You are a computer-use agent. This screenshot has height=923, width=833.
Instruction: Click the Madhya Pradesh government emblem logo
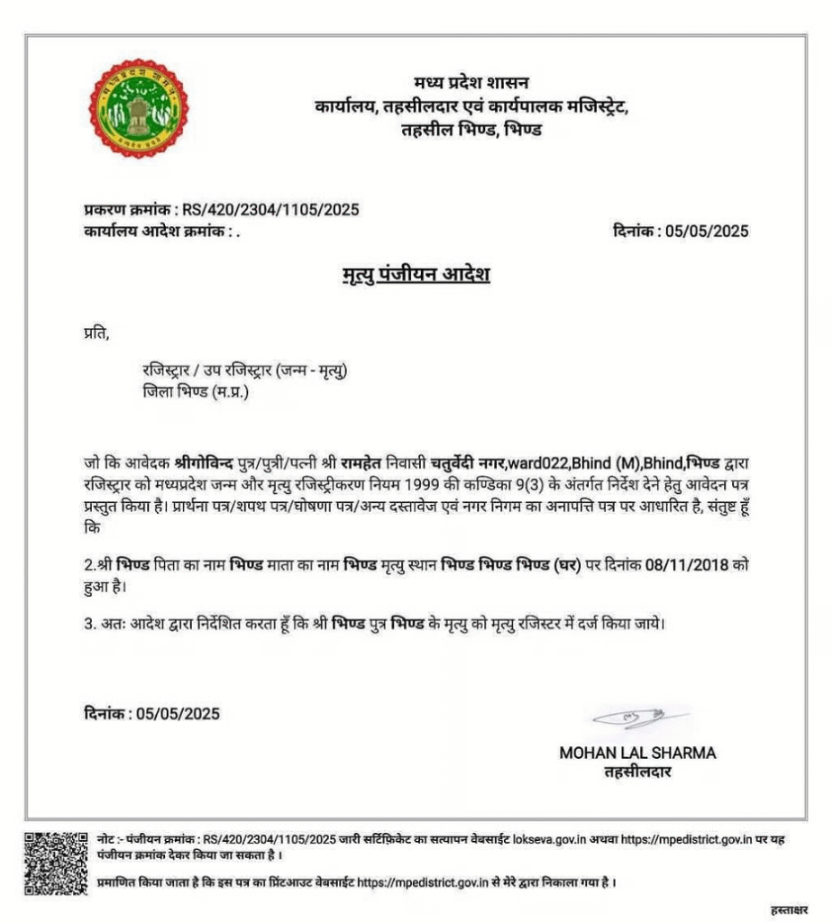click(x=139, y=108)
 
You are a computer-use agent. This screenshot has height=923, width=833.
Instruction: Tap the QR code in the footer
click(x=56, y=864)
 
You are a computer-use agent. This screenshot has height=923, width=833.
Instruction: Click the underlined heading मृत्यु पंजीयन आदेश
click(x=411, y=273)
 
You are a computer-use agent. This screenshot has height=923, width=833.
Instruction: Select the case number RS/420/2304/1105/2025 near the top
click(x=270, y=210)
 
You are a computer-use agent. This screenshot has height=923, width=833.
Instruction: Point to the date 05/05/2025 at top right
click(x=707, y=231)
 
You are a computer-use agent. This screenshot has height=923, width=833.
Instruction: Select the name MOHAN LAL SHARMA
click(x=637, y=753)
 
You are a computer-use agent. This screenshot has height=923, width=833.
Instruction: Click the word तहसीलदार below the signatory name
click(x=638, y=772)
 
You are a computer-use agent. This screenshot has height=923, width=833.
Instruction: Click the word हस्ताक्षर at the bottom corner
click(x=790, y=908)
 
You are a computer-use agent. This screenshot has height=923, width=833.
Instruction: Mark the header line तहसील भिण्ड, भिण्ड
click(x=471, y=129)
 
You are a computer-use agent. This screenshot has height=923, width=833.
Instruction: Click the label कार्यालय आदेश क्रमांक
click(x=153, y=231)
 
